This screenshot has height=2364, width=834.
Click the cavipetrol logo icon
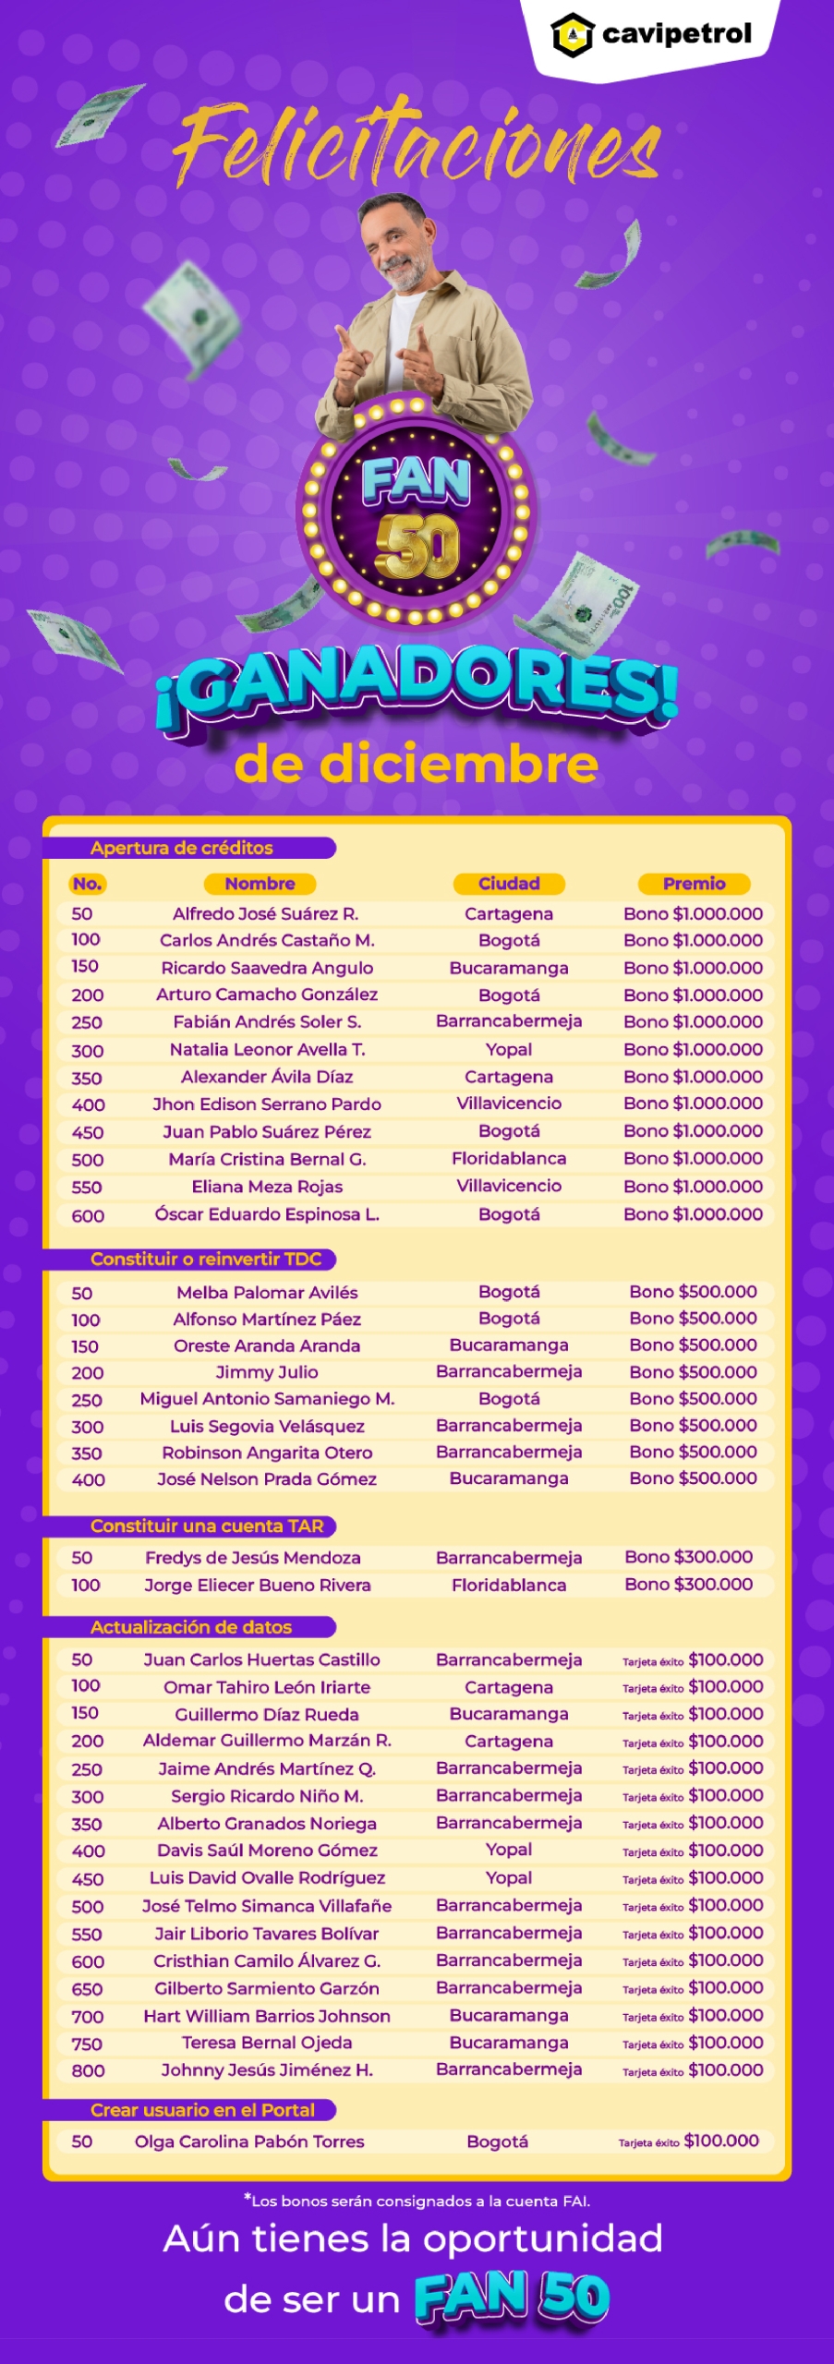(x=572, y=35)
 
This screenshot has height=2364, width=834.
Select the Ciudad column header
(x=509, y=884)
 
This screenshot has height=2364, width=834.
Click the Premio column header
(x=694, y=884)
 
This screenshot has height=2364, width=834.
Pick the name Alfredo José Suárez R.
(x=265, y=913)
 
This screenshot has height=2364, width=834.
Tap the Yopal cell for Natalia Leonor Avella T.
(x=509, y=1049)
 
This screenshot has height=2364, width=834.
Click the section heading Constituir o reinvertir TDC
(x=205, y=1259)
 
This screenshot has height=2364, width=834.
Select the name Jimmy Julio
(x=267, y=1372)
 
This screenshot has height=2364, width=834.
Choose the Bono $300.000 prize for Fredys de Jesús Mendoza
(x=688, y=1557)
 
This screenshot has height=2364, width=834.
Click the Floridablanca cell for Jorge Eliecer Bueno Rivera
(x=509, y=1585)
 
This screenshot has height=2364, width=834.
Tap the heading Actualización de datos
(x=190, y=1627)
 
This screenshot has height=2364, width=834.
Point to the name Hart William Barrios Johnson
(x=267, y=2016)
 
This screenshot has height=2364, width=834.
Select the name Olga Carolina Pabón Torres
(x=249, y=2141)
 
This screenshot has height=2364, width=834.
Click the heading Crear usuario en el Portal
(x=202, y=2110)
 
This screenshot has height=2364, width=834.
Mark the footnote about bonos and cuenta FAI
(x=417, y=2201)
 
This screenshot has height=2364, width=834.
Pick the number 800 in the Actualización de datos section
(x=88, y=2071)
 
